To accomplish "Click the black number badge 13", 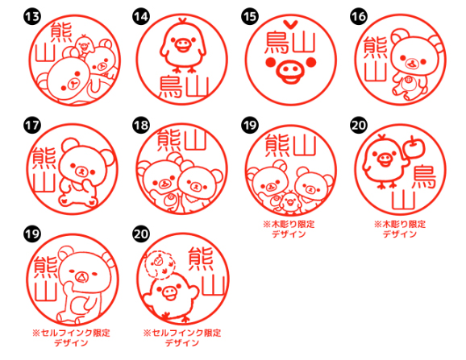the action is tap(32, 17).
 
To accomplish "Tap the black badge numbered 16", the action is tap(359, 17).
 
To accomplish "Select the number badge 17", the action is tap(32, 126).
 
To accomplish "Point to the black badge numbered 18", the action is tap(141, 126).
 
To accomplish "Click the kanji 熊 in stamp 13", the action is tap(61, 32).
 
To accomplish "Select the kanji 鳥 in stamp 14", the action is tap(171, 86).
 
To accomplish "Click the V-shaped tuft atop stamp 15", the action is tap(290, 24).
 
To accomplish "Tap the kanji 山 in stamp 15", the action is tap(304, 42).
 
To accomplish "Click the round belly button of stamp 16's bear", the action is tap(408, 80).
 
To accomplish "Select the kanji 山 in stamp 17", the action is tap(44, 183).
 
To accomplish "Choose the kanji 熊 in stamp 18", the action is tap(169, 140).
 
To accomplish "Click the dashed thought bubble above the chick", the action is tap(160, 265).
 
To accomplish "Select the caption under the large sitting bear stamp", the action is tap(71, 337).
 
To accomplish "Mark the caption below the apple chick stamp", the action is tap(400, 229).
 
